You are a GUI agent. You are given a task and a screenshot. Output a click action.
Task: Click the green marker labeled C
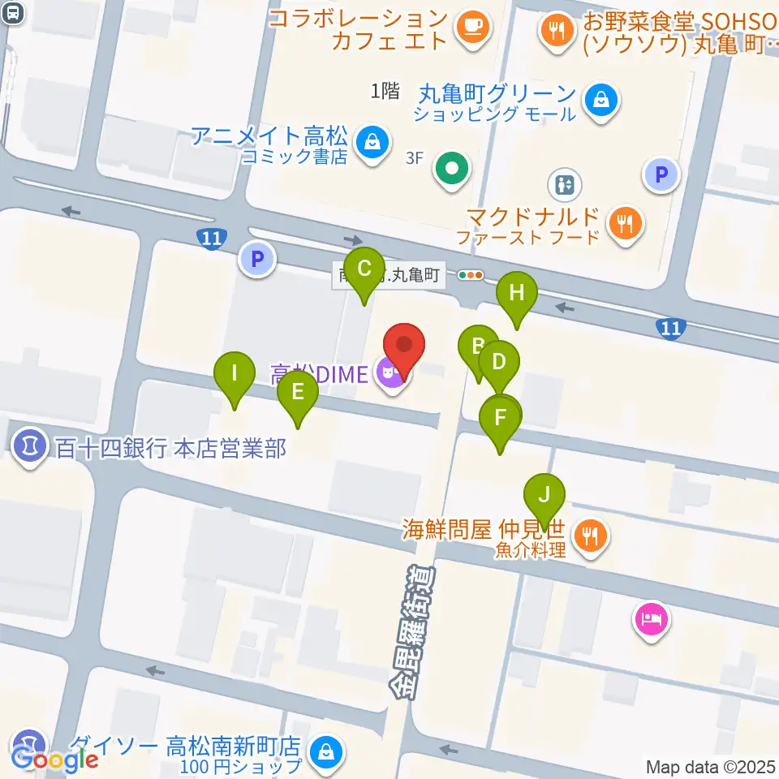coord(364,269)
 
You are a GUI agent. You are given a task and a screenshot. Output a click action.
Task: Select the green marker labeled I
coord(235,375)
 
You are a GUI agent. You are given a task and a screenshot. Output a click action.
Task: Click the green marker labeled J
coord(544,495)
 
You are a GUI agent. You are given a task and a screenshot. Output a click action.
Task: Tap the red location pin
coord(404,346)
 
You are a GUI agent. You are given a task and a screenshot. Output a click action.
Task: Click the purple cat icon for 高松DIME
coord(390,373)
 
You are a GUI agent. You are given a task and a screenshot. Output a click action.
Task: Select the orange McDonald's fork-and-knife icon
coord(624,222)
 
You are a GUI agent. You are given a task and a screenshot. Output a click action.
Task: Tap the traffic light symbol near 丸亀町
coord(471,275)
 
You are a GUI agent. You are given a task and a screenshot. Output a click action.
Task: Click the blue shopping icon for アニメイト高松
coord(372,140)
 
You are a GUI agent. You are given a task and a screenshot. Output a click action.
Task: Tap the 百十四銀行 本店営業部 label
coord(170,447)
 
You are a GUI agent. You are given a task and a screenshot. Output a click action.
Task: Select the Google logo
coord(55,759)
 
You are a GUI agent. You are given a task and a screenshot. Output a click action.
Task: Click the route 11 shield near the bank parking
coord(211,239)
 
